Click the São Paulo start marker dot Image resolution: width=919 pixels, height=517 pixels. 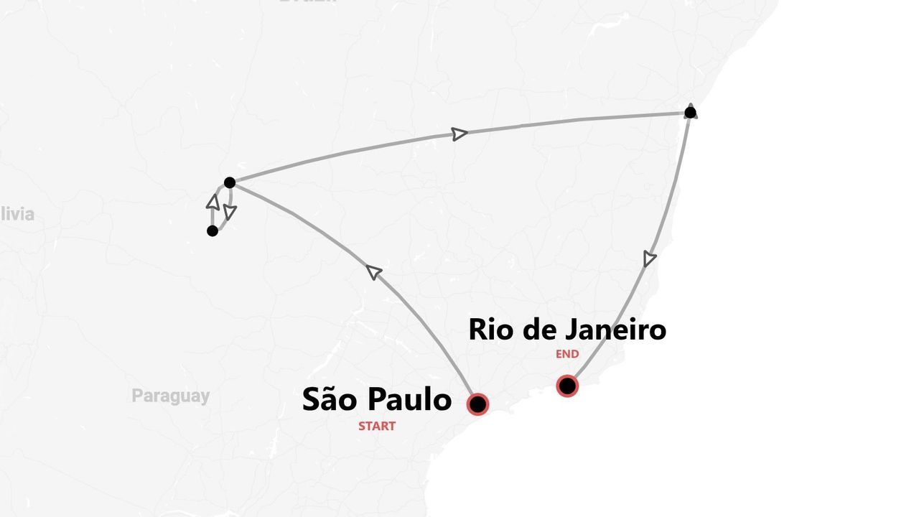tap(477, 404)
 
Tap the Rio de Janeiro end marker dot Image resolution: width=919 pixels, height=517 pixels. tap(567, 386)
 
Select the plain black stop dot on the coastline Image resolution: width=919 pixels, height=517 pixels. tap(690, 112)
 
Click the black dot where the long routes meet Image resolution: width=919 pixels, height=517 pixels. tap(230, 182)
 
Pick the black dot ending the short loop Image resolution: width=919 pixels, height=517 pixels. tap(212, 230)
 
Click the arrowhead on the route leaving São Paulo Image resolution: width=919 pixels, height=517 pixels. tap(373, 271)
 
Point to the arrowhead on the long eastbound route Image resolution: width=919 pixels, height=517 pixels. tap(459, 134)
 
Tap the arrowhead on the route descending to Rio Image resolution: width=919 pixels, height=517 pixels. tap(650, 258)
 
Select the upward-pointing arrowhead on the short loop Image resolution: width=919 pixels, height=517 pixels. tap(213, 201)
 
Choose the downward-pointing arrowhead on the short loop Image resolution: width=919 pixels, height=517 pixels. tap(230, 212)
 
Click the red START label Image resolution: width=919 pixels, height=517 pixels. tap(377, 426)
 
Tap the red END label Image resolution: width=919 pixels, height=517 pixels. tap(567, 354)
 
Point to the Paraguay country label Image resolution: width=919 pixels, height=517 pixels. tap(171, 396)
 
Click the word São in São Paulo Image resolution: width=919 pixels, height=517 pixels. tap(329, 399)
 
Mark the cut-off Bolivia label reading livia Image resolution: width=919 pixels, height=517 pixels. tap(17, 214)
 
